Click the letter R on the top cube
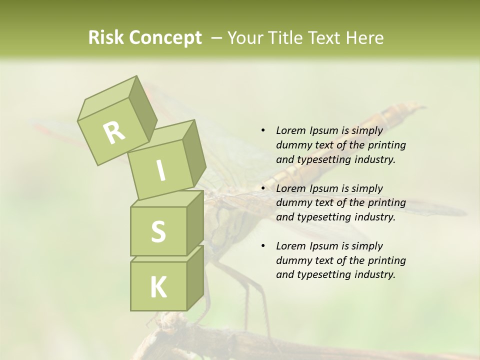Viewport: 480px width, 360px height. click(x=114, y=132)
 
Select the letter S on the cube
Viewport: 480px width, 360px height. click(x=158, y=231)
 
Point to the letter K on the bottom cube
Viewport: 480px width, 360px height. click(x=158, y=287)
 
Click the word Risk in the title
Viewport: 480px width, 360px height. click(x=106, y=38)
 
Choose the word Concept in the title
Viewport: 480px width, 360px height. click(x=164, y=38)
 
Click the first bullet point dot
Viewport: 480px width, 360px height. click(x=263, y=130)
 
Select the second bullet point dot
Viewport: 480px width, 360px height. click(x=263, y=188)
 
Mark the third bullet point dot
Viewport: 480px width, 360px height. click(x=263, y=246)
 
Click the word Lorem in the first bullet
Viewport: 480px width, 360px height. click(x=290, y=130)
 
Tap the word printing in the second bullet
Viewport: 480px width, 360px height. click(x=386, y=202)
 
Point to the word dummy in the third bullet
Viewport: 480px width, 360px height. click(x=292, y=260)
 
